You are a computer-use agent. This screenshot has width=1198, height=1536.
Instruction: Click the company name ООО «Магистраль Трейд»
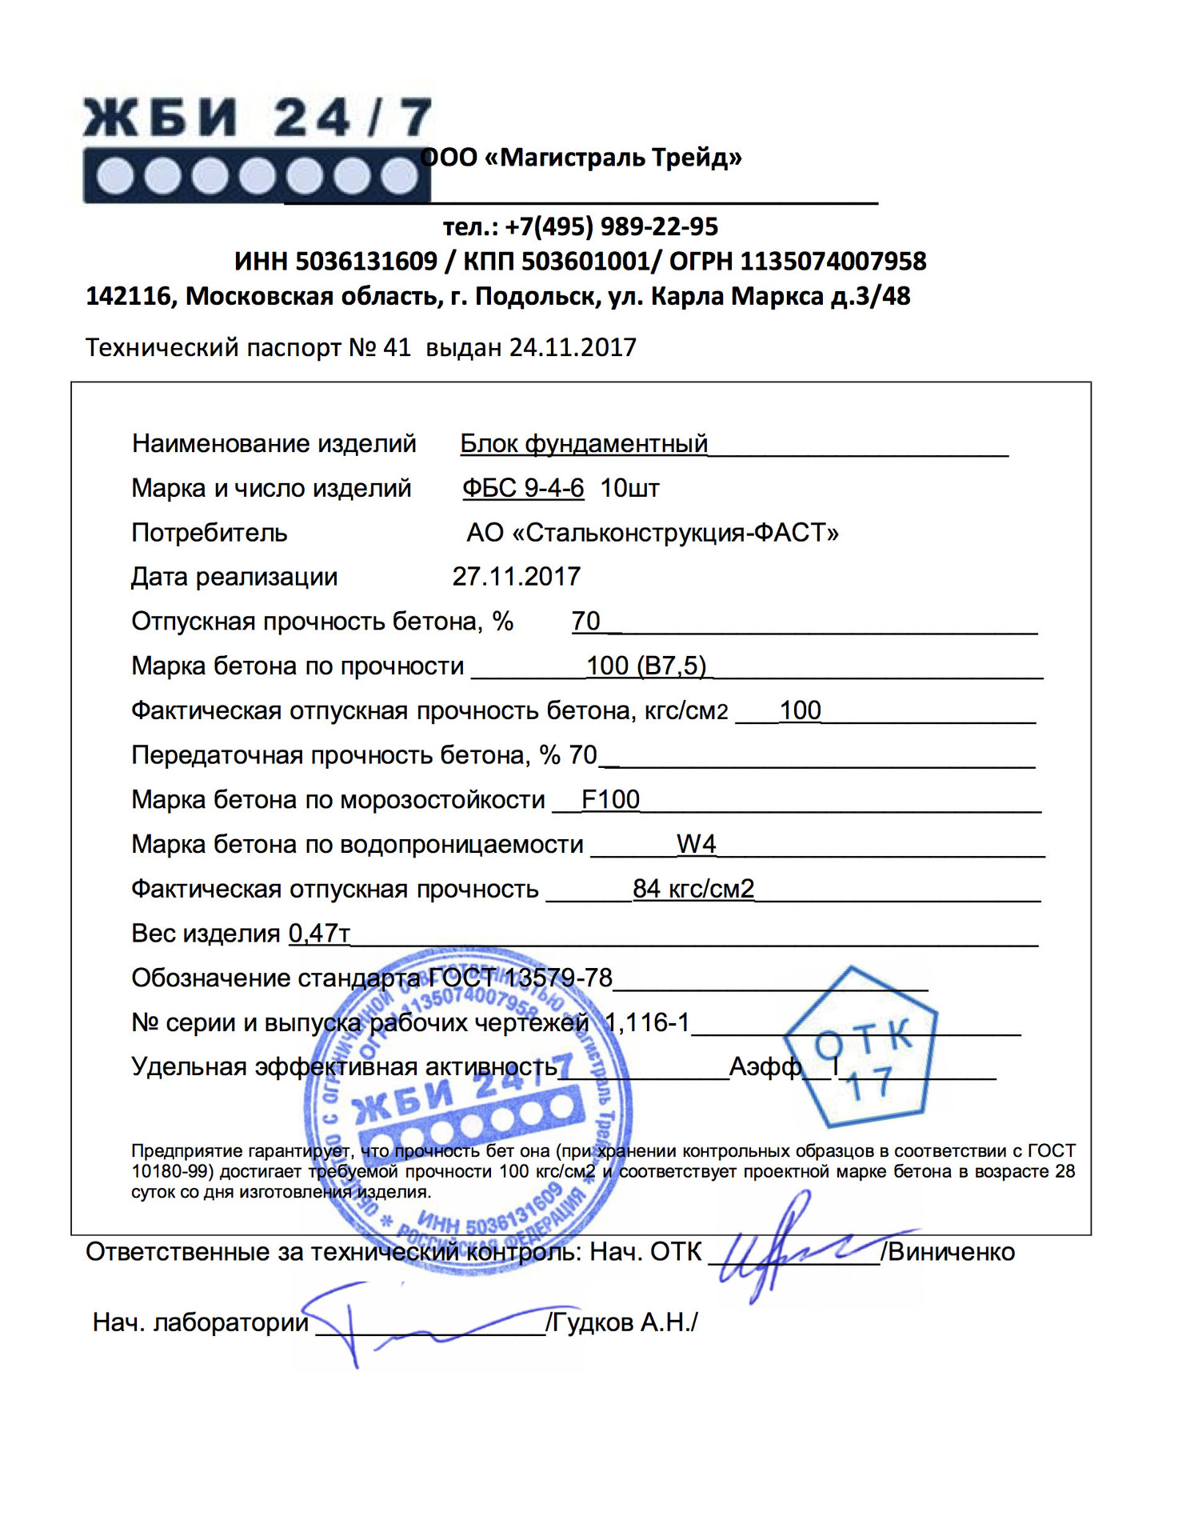pyautogui.click(x=581, y=158)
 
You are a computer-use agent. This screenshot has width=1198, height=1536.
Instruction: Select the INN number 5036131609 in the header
pyautogui.click(x=366, y=262)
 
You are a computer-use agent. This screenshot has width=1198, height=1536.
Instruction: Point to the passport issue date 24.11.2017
pyautogui.click(x=573, y=348)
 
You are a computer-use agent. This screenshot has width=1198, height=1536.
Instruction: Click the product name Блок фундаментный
pyautogui.click(x=584, y=444)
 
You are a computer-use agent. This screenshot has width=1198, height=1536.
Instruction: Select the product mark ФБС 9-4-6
pyautogui.click(x=523, y=488)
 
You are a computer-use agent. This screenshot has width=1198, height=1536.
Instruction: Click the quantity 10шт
pyautogui.click(x=629, y=488)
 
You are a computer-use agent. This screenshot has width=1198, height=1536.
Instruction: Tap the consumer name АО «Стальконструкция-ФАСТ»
pyautogui.click(x=653, y=533)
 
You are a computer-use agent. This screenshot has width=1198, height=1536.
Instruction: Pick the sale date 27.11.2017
pyautogui.click(x=516, y=577)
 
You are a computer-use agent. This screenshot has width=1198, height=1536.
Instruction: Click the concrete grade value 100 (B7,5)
pyautogui.click(x=646, y=666)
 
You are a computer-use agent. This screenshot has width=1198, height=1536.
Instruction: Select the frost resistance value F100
pyautogui.click(x=610, y=799)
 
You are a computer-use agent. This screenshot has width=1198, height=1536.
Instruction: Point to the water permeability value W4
pyautogui.click(x=696, y=844)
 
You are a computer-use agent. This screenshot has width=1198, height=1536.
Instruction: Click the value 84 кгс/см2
pyautogui.click(x=693, y=889)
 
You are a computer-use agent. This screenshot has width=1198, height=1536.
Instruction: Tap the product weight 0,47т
pyautogui.click(x=319, y=934)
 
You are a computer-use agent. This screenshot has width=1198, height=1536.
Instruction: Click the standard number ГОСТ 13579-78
pyautogui.click(x=520, y=978)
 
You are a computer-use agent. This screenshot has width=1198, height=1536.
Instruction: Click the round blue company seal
pyautogui.click(x=468, y=1112)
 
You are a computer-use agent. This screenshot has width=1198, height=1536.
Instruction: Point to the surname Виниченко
pyautogui.click(x=951, y=1252)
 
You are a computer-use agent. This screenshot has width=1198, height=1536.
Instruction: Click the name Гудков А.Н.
pyautogui.click(x=621, y=1322)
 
